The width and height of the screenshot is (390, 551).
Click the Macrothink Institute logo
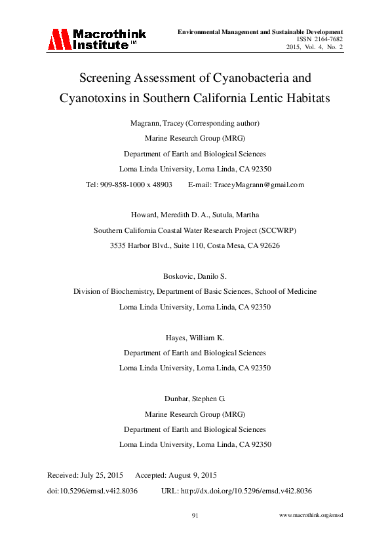(96, 39)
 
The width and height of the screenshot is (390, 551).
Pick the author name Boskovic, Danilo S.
(195, 276)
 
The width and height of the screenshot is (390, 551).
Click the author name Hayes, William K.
(195, 338)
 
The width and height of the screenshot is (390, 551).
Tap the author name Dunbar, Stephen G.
(195, 399)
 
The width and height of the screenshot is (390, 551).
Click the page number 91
(195, 516)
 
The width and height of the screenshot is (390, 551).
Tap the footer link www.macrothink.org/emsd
(311, 516)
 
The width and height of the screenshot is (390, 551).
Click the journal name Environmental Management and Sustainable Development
(261, 31)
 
